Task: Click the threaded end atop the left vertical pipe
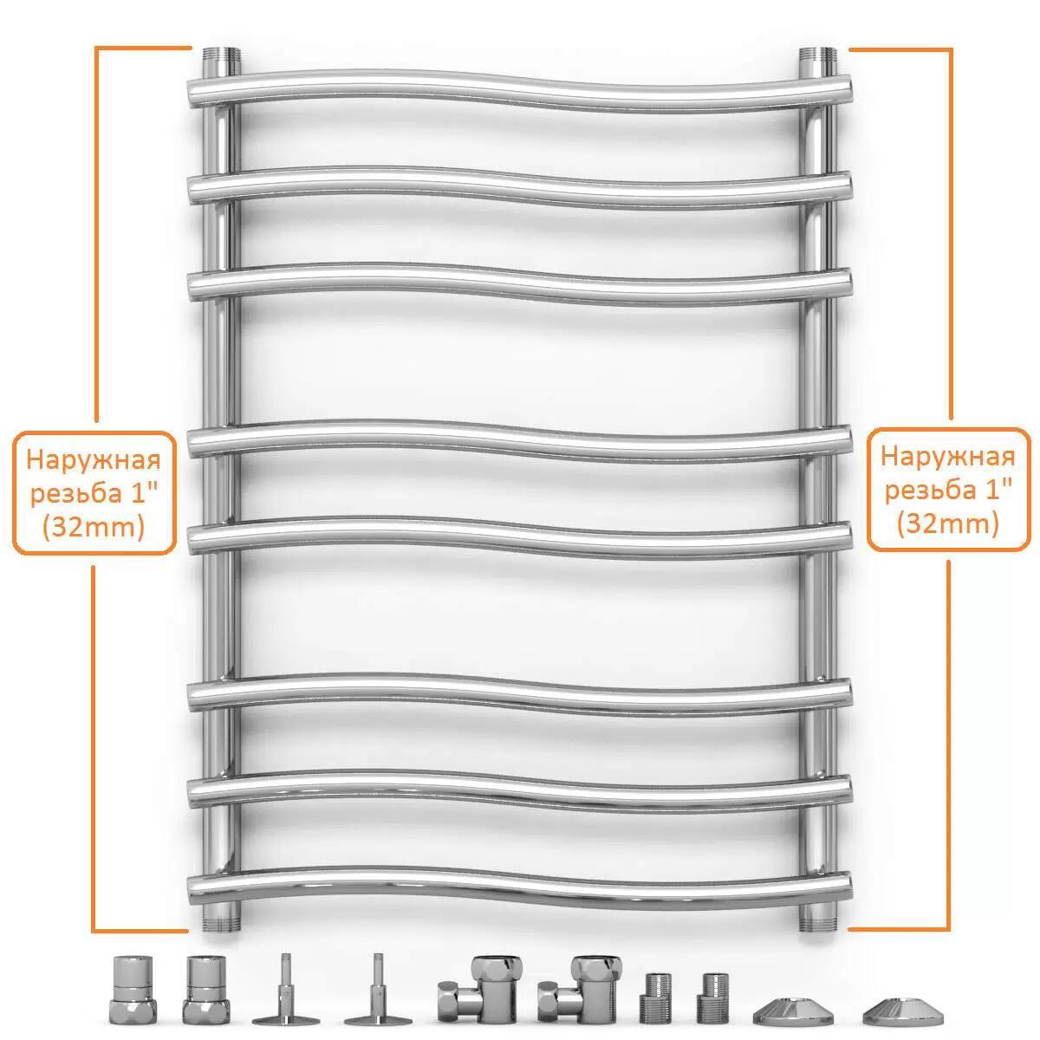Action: click(x=222, y=56)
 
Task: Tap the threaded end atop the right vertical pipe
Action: click(x=817, y=56)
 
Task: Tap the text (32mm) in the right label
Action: click(x=948, y=523)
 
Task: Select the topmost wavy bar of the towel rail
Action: click(x=519, y=92)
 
